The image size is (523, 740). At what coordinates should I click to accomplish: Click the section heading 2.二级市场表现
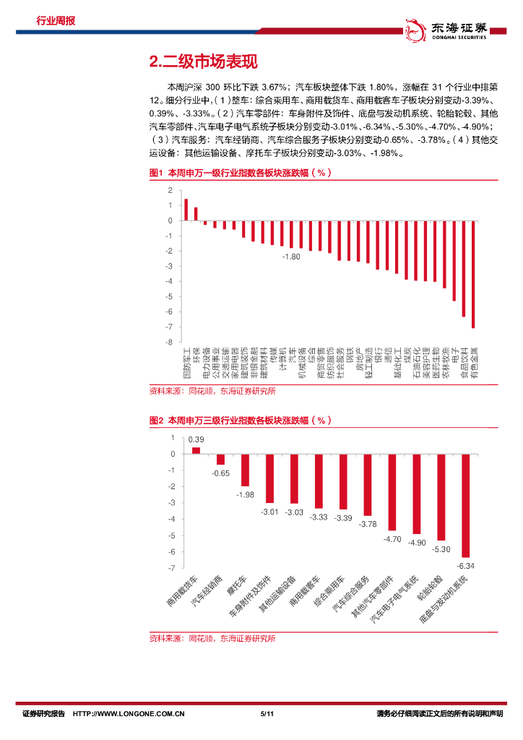pos(202,62)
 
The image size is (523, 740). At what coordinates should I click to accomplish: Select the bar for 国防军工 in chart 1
pos(186,210)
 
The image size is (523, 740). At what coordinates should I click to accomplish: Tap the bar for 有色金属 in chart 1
pos(473,274)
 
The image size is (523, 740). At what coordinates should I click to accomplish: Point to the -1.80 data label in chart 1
pos(291,257)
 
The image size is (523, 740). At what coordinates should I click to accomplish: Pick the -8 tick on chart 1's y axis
pos(169,327)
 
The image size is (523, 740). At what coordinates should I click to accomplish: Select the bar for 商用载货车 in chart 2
pos(196,450)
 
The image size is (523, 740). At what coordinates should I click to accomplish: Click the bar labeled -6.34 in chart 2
pos(466,505)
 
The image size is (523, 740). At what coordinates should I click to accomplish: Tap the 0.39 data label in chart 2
pos(196,439)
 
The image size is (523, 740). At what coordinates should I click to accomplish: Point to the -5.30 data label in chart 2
pos(441,549)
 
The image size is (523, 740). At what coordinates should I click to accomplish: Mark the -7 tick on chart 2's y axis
pos(172,568)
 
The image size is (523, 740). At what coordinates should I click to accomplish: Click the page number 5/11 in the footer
pos(266,714)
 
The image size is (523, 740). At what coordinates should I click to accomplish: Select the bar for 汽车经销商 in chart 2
pos(220,459)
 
